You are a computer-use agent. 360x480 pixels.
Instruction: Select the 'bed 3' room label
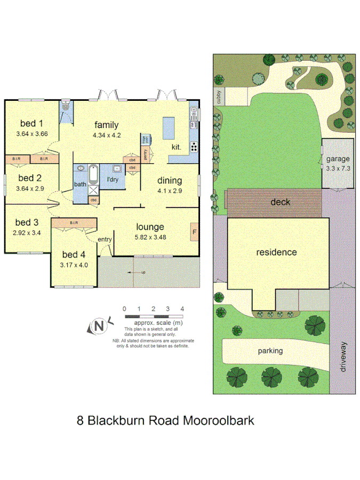[27, 222]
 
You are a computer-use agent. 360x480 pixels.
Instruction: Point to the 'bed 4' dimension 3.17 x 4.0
[74, 264]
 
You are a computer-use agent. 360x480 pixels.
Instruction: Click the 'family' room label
[107, 125]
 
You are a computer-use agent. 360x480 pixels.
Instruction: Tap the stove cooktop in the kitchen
[194, 147]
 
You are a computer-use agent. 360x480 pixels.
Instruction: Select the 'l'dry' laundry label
[112, 179]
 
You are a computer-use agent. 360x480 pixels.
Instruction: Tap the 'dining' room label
[170, 180]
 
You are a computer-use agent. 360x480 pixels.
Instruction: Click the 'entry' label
[104, 239]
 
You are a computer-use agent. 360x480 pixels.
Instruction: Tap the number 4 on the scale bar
[182, 309]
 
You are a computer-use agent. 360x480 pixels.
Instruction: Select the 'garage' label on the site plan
[338, 158]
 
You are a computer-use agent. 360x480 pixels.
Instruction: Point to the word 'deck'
[279, 202]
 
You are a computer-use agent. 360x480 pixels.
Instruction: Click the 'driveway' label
[343, 357]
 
